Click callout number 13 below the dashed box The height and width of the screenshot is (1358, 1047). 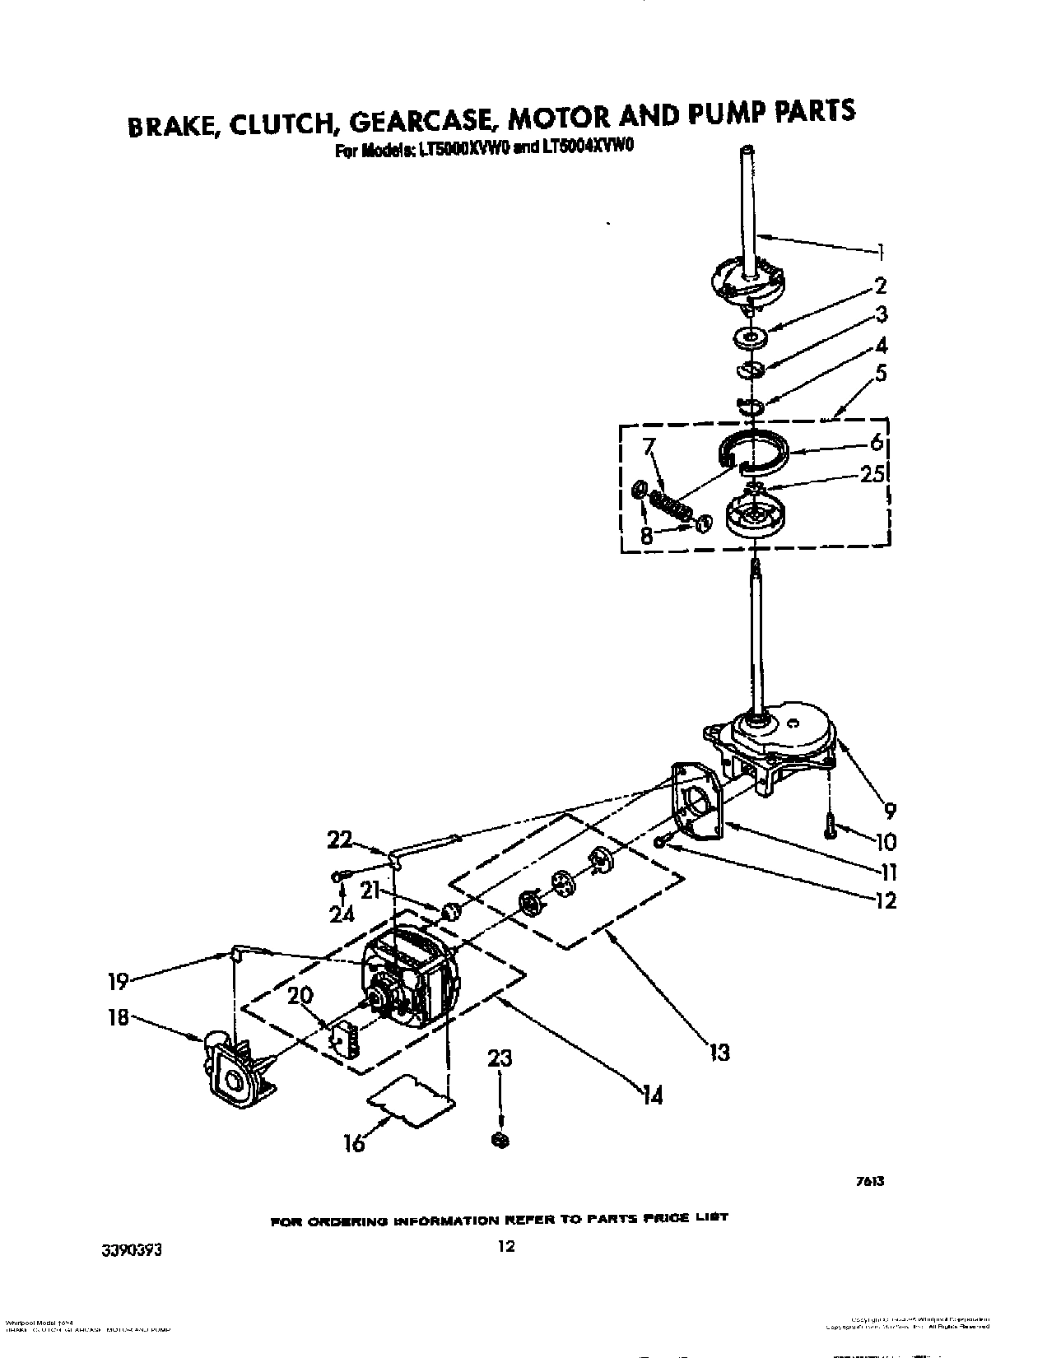tap(720, 1051)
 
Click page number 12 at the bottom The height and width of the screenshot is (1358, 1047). tap(506, 1246)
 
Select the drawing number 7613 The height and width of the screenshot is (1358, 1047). tap(870, 1181)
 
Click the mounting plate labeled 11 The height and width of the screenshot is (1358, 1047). tap(696, 802)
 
